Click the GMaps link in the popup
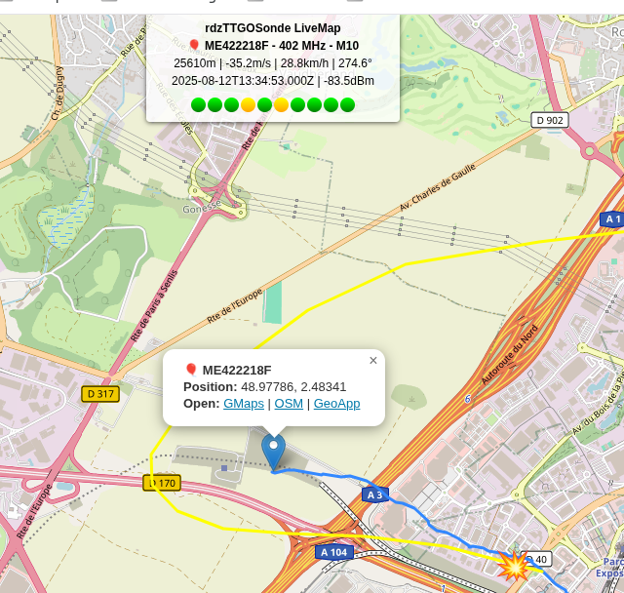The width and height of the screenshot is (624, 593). pyautogui.click(x=243, y=404)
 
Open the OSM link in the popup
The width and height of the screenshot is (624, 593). pyautogui.click(x=289, y=404)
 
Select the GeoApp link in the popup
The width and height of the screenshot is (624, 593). pyautogui.click(x=336, y=404)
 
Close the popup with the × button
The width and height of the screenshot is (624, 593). pyautogui.click(x=372, y=361)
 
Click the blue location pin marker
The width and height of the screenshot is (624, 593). pyautogui.click(x=274, y=452)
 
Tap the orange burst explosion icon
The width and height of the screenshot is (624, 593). pyautogui.click(x=513, y=565)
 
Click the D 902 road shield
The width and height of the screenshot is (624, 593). pyautogui.click(x=551, y=120)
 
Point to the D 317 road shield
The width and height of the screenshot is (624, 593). pyautogui.click(x=99, y=394)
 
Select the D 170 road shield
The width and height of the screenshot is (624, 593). pyautogui.click(x=163, y=483)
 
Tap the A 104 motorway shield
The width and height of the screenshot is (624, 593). pyautogui.click(x=333, y=552)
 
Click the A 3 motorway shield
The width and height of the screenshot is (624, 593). pyautogui.click(x=374, y=495)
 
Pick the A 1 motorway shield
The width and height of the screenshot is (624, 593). pyautogui.click(x=612, y=219)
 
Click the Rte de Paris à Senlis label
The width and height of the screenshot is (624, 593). pyautogui.click(x=154, y=305)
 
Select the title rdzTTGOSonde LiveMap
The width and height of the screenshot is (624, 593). pyautogui.click(x=273, y=28)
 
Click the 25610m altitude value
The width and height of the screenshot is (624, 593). pyautogui.click(x=194, y=63)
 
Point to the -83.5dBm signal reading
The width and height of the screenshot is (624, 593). pyautogui.click(x=349, y=81)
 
